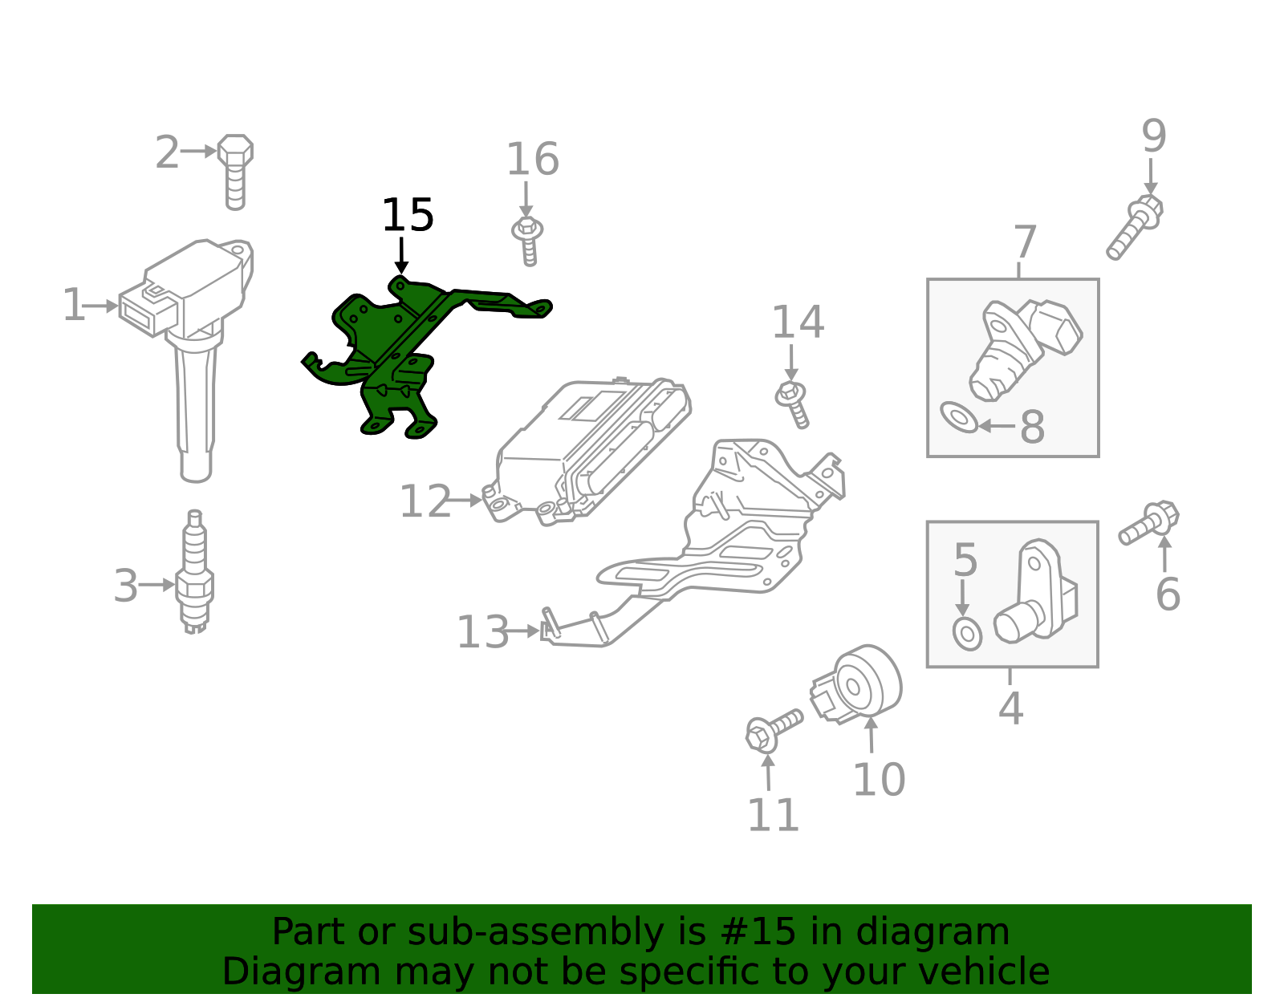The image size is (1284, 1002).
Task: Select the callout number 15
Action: click(407, 216)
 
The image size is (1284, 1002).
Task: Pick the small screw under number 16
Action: click(527, 240)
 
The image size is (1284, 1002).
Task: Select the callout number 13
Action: click(482, 632)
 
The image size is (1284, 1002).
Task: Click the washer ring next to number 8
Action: click(959, 417)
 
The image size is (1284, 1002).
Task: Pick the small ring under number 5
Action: click(967, 634)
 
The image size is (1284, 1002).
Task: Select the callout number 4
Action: click(1010, 708)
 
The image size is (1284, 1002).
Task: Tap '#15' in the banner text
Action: click(758, 932)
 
